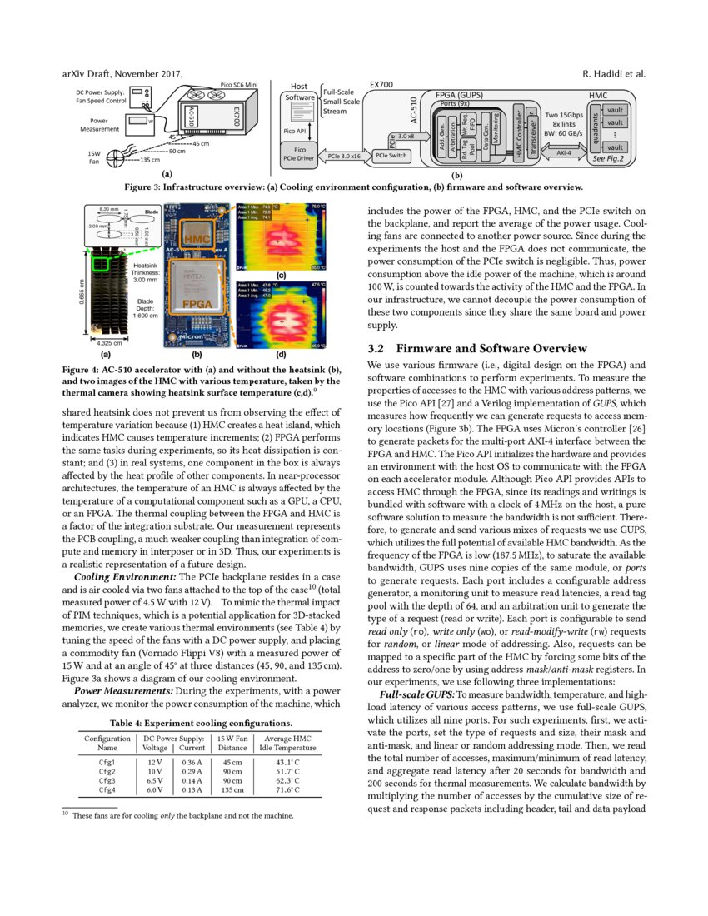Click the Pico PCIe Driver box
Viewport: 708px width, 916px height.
tap(297, 154)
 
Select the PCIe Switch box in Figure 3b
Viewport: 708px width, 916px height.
tap(390, 156)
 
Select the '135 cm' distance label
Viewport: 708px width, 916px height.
tap(150, 160)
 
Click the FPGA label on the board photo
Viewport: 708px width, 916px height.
tap(197, 305)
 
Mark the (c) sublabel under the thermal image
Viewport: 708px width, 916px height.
tap(281, 275)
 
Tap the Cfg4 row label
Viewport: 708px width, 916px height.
tap(106, 790)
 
